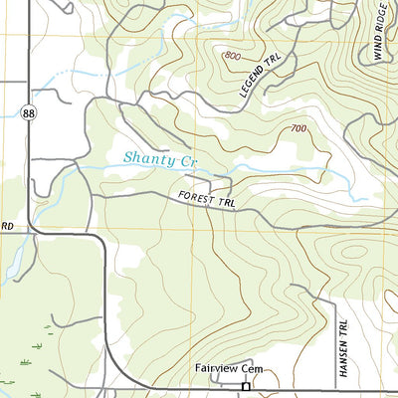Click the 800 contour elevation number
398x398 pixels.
coord(234,55)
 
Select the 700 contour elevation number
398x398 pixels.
coord(298,129)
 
